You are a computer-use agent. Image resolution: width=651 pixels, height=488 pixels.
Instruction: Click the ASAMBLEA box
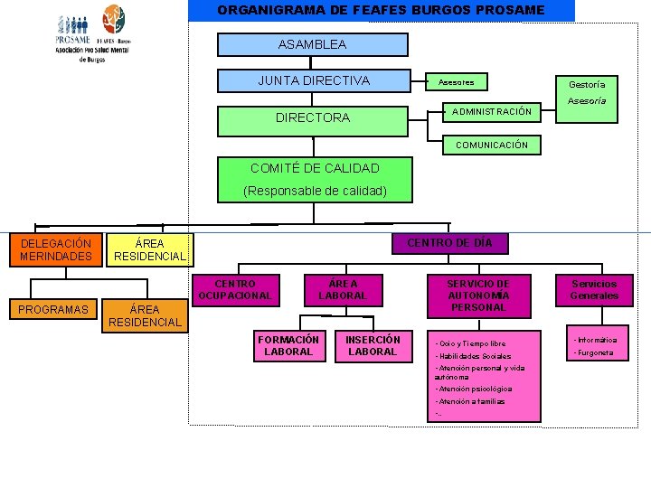pyautogui.click(x=312, y=44)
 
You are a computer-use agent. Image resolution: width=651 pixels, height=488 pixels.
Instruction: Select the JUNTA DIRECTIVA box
pyautogui.click(x=313, y=81)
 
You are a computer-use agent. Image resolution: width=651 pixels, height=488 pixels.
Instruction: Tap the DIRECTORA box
pyautogui.click(x=313, y=117)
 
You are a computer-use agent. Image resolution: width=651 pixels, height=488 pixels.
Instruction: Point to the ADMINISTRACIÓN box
pyautogui.click(x=492, y=112)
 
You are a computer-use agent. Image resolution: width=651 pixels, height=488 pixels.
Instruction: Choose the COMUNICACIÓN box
pyautogui.click(x=491, y=145)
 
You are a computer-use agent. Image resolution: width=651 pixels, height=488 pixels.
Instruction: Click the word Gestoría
pyautogui.click(x=587, y=84)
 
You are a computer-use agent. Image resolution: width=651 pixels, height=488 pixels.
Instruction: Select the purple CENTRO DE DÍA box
pyautogui.click(x=449, y=243)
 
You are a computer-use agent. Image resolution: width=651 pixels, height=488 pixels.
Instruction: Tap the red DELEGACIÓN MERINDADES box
pyautogui.click(x=56, y=250)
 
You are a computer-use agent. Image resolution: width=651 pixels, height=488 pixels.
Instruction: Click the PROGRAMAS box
pyautogui.click(x=54, y=310)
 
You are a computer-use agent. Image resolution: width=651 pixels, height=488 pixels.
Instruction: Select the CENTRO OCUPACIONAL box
pyautogui.click(x=234, y=290)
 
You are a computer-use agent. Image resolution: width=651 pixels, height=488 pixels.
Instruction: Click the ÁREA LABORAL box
pyautogui.click(x=343, y=290)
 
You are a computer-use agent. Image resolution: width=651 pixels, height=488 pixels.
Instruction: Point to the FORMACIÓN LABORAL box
pyautogui.click(x=288, y=346)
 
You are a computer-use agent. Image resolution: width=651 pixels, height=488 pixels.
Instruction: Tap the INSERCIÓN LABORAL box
pyautogui.click(x=373, y=346)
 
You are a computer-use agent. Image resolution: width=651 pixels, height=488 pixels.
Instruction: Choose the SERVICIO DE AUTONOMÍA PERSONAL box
pyautogui.click(x=478, y=296)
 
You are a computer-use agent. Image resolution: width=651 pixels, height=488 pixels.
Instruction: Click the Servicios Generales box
pyautogui.click(x=594, y=290)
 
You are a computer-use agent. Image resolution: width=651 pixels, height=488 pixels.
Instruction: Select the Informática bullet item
pyautogui.click(x=595, y=340)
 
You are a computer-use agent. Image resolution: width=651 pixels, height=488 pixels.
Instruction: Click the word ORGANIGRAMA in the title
pyautogui.click(x=266, y=10)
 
